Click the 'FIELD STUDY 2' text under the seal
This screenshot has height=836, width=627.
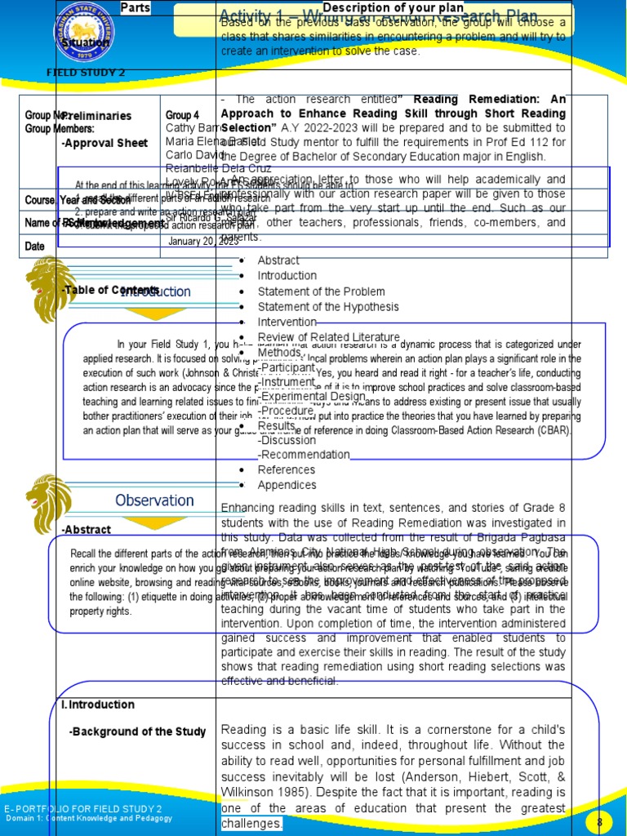pyautogui.click(x=85, y=73)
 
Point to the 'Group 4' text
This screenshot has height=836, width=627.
pyautogui.click(x=182, y=115)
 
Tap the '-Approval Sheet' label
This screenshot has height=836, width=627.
pyautogui.click(x=104, y=143)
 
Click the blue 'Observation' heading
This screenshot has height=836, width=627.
pyautogui.click(x=154, y=500)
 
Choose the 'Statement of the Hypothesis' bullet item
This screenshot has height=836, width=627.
pyautogui.click(x=328, y=307)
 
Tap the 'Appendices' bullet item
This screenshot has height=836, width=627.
pyautogui.click(x=287, y=485)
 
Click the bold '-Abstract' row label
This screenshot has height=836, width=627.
pyautogui.click(x=87, y=530)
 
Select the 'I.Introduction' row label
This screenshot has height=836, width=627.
pyautogui.click(x=98, y=705)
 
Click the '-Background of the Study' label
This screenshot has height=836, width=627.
pyautogui.click(x=138, y=731)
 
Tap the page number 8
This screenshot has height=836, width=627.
pyautogui.click(x=599, y=821)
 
